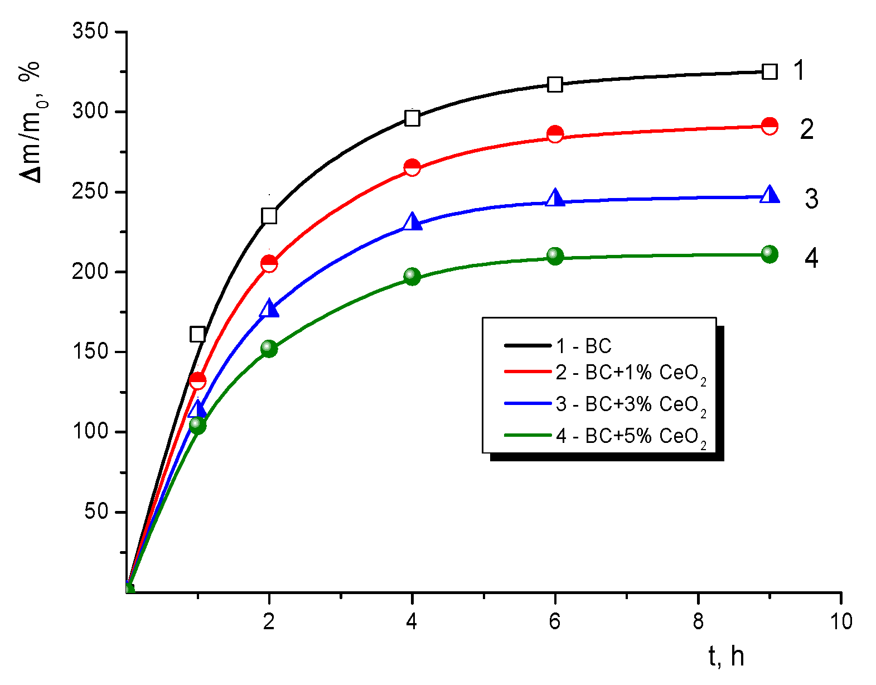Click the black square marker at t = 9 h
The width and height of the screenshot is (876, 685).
tap(769, 71)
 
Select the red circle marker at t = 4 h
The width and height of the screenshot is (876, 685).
tap(412, 167)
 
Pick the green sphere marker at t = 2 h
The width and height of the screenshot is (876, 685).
tap(269, 349)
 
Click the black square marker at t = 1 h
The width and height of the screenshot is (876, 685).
tap(197, 334)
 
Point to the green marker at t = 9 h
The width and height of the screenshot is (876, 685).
tap(769, 254)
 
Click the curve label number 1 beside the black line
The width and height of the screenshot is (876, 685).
tap(799, 71)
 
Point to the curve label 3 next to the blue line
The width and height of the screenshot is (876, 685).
tap(811, 199)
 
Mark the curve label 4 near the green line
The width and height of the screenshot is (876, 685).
tap(811, 258)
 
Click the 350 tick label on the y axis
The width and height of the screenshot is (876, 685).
tap(90, 31)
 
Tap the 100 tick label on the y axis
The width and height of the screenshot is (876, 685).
tap(90, 432)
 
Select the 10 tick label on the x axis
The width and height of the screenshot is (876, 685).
tap(841, 621)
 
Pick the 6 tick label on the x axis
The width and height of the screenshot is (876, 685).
tap(554, 621)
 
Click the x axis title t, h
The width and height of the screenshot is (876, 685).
tap(726, 657)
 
